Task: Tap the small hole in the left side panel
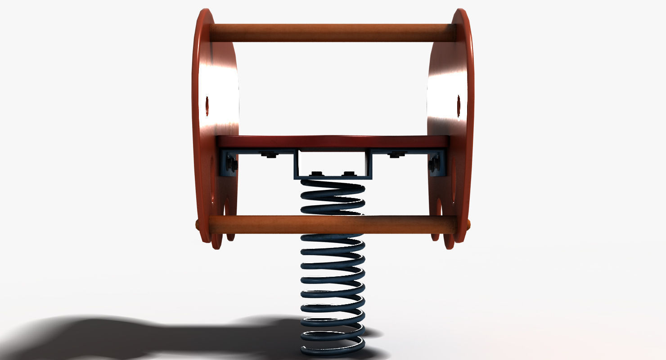(x=207, y=106)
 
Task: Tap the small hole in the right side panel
(x=459, y=106)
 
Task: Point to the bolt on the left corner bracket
(x=231, y=164)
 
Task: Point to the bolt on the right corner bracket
(x=434, y=164)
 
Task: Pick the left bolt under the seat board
(x=269, y=155)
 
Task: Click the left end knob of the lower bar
(x=198, y=224)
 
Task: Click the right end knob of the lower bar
(x=468, y=224)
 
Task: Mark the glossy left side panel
(x=216, y=90)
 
